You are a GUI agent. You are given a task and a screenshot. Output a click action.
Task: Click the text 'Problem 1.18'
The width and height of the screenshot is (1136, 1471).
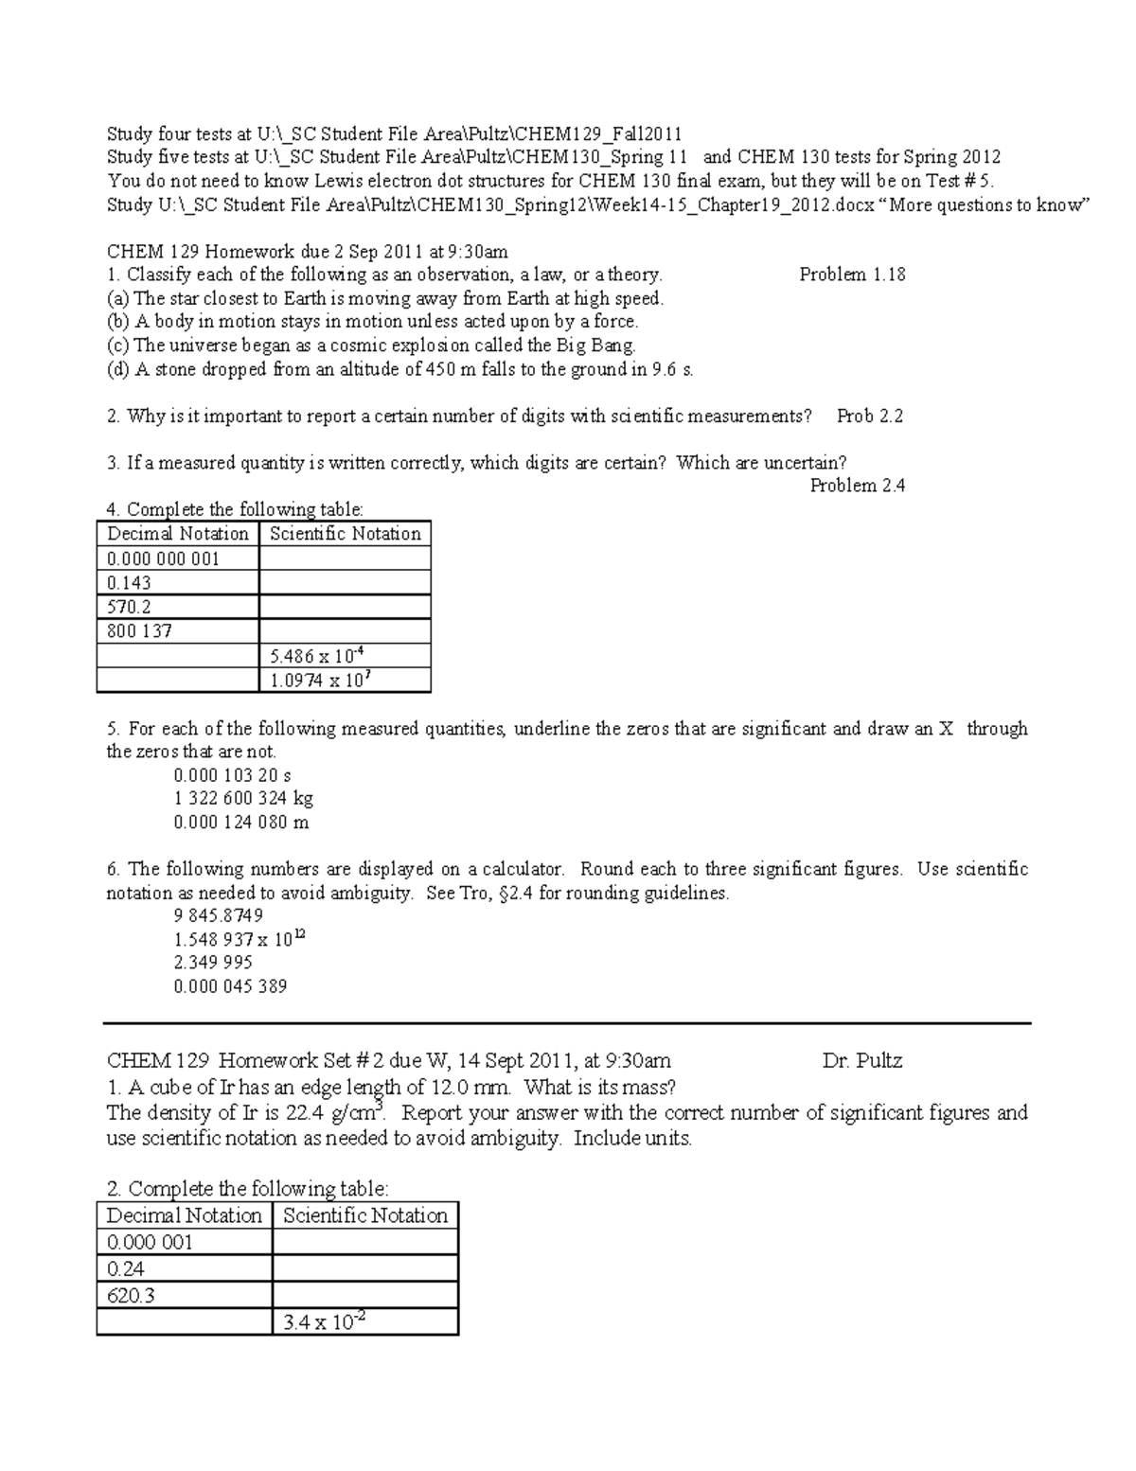coord(852,275)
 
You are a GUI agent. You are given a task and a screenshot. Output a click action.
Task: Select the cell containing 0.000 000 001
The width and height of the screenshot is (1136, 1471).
coord(164,558)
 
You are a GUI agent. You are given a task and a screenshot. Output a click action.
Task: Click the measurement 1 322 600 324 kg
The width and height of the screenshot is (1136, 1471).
coord(243,798)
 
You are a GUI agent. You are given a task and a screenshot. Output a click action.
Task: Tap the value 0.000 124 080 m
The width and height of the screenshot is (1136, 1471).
coord(241,822)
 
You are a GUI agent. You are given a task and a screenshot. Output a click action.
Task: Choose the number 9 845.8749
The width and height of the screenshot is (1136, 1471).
coord(219,915)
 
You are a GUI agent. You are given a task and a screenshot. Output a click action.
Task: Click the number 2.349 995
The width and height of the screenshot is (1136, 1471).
coord(213,962)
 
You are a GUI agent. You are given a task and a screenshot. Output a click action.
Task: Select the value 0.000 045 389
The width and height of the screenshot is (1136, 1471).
coord(230,985)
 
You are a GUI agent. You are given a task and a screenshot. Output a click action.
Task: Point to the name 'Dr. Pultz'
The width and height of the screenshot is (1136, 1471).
coord(862,1060)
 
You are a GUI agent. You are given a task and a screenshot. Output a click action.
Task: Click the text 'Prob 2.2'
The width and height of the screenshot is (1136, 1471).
coord(870,416)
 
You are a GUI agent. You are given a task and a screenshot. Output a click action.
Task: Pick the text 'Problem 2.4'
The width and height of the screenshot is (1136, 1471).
coord(858,486)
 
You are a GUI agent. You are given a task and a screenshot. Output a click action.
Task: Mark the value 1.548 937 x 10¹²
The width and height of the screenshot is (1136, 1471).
coord(240,939)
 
